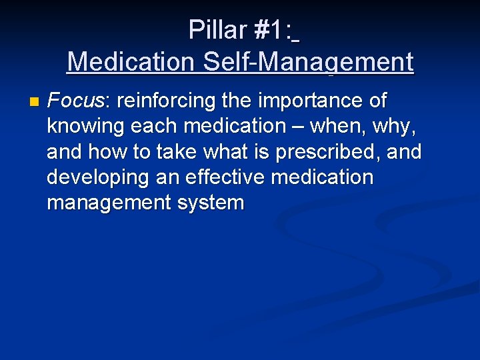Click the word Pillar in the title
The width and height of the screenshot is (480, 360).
click(217, 30)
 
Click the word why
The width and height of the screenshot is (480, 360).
click(399, 126)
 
